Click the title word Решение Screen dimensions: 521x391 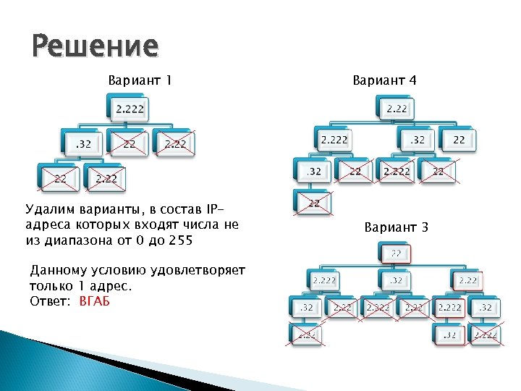94,46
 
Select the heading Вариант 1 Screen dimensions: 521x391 140,80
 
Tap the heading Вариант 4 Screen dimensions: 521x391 384,80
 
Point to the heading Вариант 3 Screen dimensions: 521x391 397,227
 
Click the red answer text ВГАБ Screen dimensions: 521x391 94,300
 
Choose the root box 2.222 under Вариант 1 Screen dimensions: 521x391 130,109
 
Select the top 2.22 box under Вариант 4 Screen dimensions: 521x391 396,109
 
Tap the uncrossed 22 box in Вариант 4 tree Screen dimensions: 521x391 459,139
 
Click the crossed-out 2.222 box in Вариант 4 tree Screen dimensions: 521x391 396,172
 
